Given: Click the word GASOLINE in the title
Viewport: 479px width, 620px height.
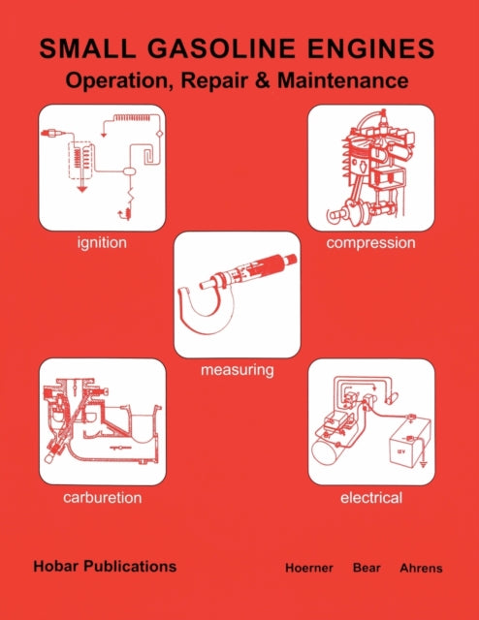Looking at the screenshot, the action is [x=221, y=48].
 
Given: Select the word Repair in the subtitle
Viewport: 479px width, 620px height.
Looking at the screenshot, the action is [x=214, y=80].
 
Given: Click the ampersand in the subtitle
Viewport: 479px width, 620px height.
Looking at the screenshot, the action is [x=263, y=80].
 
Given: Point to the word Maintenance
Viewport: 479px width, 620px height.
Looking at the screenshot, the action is [x=343, y=80].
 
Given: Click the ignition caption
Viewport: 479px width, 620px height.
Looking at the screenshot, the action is [x=102, y=242].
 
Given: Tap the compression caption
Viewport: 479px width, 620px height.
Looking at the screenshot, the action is [x=371, y=243].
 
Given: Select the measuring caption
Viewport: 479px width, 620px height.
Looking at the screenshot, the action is [x=238, y=370].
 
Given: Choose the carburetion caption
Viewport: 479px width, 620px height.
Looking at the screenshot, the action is [x=103, y=497].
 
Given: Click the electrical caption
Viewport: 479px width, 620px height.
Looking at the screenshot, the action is [x=371, y=497].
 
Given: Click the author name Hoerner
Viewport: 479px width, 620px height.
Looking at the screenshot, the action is [x=309, y=568].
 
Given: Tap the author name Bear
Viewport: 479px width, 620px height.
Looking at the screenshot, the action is [x=367, y=568].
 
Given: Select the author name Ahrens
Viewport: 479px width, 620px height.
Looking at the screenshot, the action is [x=421, y=568].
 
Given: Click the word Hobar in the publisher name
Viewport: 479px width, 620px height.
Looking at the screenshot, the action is [x=56, y=566].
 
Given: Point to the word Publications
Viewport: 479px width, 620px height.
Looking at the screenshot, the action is [x=131, y=566].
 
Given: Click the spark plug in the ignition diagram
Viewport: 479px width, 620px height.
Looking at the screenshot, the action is [x=51, y=134].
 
